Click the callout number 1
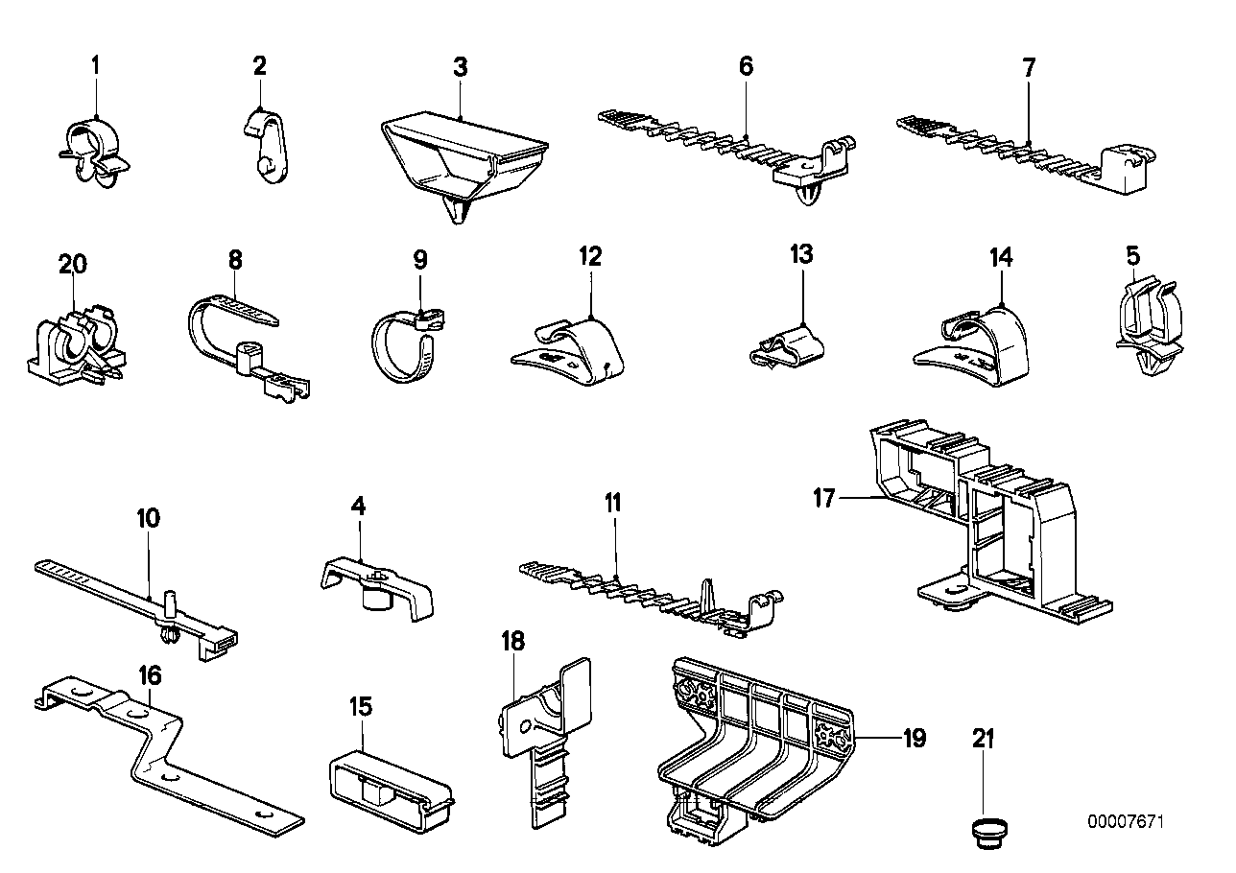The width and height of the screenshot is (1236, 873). pyautogui.click(x=96, y=66)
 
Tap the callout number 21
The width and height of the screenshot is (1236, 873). pyautogui.click(x=983, y=739)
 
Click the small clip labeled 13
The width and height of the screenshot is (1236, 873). pyautogui.click(x=792, y=341)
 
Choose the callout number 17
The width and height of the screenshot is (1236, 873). pyautogui.click(x=824, y=498)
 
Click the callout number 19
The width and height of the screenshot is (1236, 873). pyautogui.click(x=914, y=738)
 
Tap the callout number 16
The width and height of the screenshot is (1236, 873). pyautogui.click(x=150, y=676)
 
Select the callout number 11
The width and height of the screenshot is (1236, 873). pyautogui.click(x=613, y=503)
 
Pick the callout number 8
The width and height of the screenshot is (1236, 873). pyautogui.click(x=235, y=259)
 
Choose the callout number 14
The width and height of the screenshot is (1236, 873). pyautogui.click(x=1001, y=258)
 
